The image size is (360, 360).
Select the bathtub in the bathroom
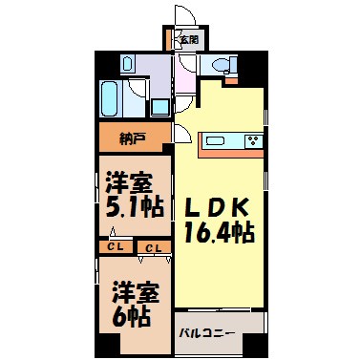click(111, 98)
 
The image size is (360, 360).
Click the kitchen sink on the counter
click(216, 140)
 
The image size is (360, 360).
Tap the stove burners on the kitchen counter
click(253, 140)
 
